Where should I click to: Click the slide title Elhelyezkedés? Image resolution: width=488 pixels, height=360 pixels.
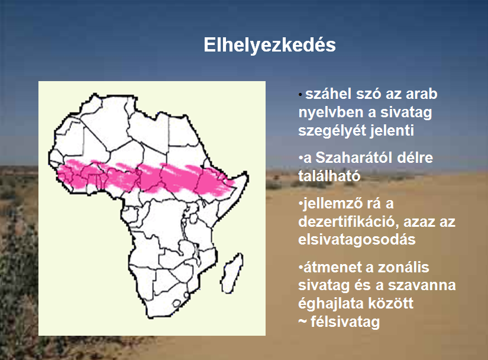pyautogui.click(x=270, y=45)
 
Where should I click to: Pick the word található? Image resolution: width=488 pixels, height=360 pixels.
pyautogui.click(x=329, y=176)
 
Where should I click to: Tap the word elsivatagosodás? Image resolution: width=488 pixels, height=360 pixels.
pyautogui.click(x=357, y=240)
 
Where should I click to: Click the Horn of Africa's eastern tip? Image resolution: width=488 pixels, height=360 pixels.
pyautogui.click(x=247, y=175)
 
